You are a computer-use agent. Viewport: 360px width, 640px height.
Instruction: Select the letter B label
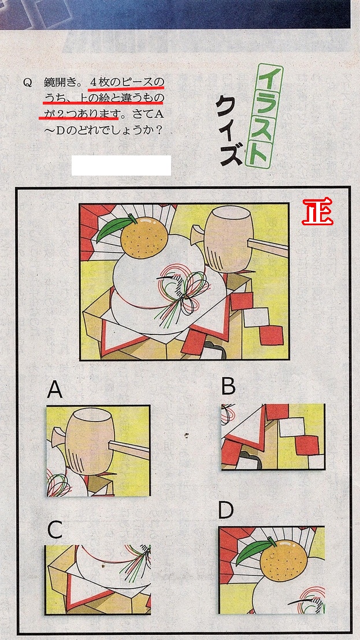click(x=228, y=386)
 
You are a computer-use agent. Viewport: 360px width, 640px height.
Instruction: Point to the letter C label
click(x=55, y=530)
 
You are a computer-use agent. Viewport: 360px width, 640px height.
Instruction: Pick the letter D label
click(x=226, y=510)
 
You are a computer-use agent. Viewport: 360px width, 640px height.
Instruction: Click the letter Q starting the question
click(x=27, y=83)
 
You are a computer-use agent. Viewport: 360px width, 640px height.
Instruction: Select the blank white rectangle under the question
click(x=121, y=165)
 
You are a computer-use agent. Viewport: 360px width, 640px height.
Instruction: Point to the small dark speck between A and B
click(x=187, y=435)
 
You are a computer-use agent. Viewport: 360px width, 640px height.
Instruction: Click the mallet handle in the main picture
click(x=268, y=247)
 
